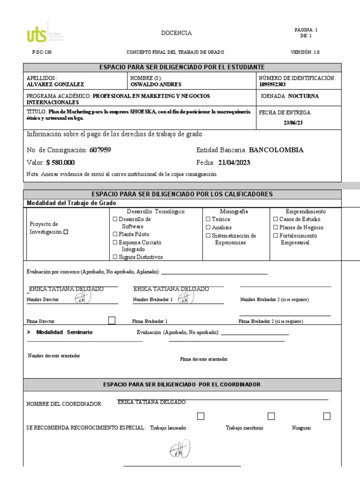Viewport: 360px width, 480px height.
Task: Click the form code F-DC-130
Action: [x=41, y=52]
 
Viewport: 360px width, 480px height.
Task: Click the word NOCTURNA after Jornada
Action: [x=303, y=96]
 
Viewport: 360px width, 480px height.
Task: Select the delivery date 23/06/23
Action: [x=293, y=123]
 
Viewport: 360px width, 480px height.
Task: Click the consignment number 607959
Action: [x=100, y=150]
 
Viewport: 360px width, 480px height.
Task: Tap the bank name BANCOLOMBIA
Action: [x=276, y=150]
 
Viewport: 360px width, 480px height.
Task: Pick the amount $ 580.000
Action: [x=60, y=163]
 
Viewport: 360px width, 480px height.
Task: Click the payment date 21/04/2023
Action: [x=234, y=163]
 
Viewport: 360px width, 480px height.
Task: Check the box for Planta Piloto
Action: [x=115, y=234]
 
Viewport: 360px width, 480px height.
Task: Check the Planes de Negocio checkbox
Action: [x=276, y=227]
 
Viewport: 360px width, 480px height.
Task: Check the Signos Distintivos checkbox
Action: [x=115, y=257]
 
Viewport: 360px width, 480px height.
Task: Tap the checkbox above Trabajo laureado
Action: [x=201, y=416]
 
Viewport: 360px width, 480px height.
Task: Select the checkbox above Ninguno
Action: [x=327, y=416]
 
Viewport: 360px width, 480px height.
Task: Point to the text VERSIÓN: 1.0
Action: [x=305, y=52]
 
